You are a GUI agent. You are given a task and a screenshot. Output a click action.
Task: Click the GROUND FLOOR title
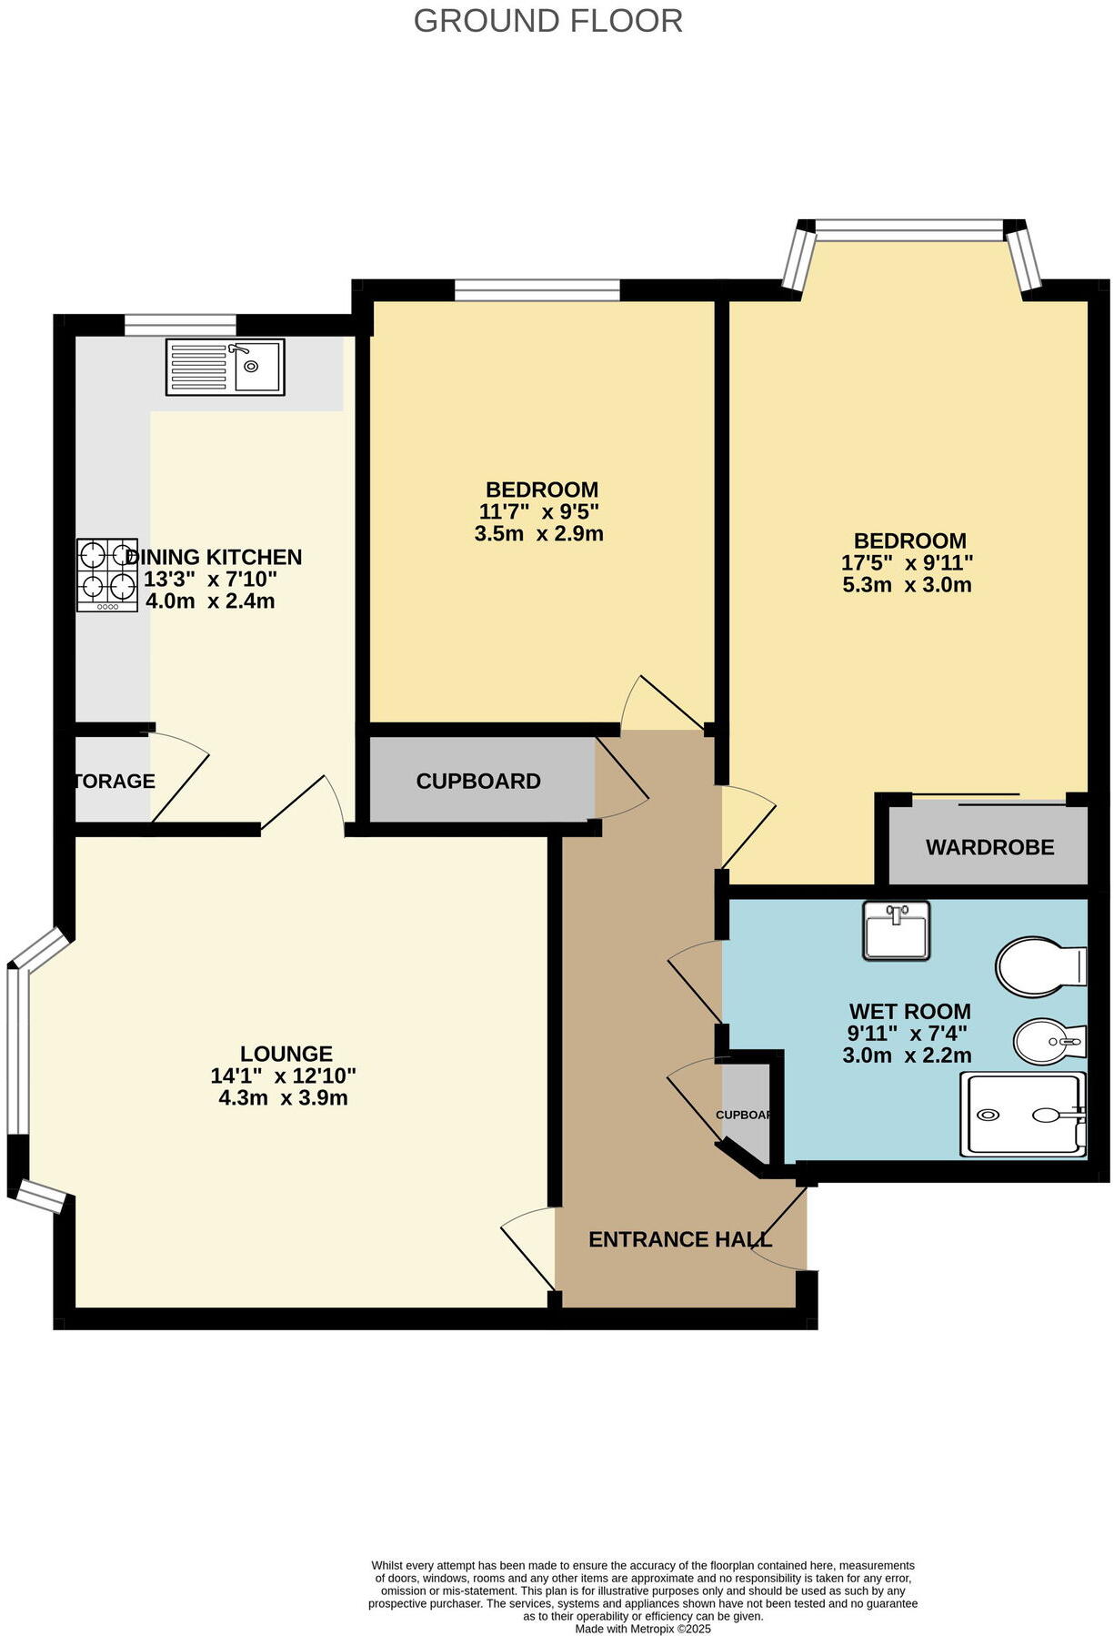(x=547, y=21)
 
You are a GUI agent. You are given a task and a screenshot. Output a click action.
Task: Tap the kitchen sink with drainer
(x=225, y=367)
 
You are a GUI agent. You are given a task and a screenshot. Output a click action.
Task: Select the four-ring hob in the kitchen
(x=107, y=574)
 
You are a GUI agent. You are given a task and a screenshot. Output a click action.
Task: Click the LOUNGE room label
(x=286, y=1054)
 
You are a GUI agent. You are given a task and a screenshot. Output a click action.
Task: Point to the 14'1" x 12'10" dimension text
(x=283, y=1076)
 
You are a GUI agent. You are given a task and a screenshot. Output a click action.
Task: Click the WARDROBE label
(x=989, y=847)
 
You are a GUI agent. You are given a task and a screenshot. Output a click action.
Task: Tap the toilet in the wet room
(x=1039, y=966)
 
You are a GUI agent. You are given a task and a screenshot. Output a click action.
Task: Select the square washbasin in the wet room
(x=896, y=930)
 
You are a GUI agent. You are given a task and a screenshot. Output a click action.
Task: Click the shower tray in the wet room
(x=1022, y=1115)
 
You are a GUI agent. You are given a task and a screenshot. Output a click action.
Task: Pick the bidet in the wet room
(x=1049, y=1041)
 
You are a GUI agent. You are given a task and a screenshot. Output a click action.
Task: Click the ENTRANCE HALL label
(x=679, y=1239)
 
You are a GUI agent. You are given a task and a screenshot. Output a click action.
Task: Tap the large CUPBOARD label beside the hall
(x=478, y=781)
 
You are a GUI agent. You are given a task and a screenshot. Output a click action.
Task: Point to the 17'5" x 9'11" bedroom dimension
(x=907, y=563)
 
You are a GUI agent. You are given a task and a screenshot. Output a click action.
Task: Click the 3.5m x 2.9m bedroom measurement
(x=538, y=534)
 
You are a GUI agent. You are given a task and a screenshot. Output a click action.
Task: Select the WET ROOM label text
(x=909, y=1011)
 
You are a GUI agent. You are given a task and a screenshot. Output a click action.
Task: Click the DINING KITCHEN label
(x=214, y=557)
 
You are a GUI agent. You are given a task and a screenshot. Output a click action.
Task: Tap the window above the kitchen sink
(x=180, y=325)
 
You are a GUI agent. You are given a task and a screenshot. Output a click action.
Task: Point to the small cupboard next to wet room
(x=745, y=1115)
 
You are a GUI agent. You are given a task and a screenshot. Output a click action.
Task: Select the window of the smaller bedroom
(x=537, y=290)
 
